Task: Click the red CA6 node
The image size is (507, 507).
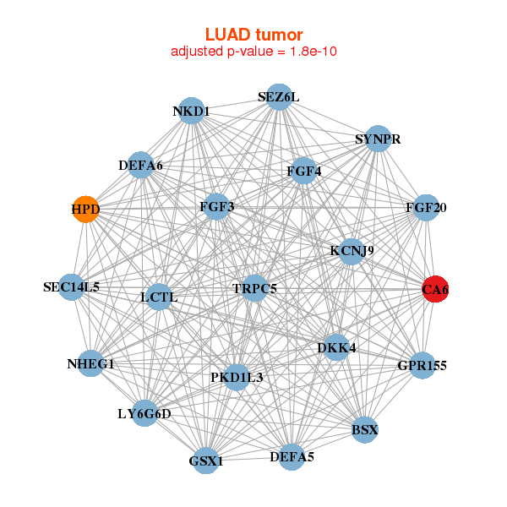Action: [435, 289]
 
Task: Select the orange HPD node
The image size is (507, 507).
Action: [85, 209]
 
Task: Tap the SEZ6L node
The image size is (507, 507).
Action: [279, 97]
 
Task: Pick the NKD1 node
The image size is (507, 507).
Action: [192, 112]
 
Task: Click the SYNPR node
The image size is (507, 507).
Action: [378, 139]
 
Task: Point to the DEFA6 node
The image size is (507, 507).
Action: [141, 166]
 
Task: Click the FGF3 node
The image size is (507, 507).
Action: [217, 206]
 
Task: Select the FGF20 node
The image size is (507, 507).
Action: [426, 208]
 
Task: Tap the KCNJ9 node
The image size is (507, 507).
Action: [352, 251]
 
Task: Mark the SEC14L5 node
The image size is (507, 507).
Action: [72, 287]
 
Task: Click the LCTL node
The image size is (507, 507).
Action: [159, 297]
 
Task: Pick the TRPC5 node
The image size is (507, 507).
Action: [254, 289]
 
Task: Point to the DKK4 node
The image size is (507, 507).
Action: [336, 347]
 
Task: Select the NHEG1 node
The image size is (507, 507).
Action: [90, 364]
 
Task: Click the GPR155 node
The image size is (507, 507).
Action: [422, 366]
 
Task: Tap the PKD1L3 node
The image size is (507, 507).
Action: [237, 377]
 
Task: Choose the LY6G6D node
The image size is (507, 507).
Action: [144, 414]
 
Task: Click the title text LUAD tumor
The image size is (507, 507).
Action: [253, 35]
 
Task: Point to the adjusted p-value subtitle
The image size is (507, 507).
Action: [253, 52]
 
